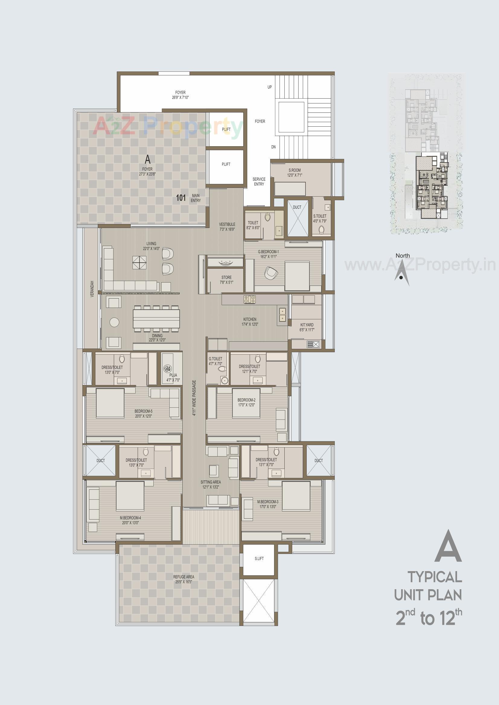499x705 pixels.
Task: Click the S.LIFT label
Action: pos(259,558)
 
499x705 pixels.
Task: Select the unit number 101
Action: pos(181,198)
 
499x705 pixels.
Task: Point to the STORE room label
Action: pos(226,280)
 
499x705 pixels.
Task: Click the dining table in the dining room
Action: pos(156,318)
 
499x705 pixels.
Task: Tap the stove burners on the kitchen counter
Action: pos(250,299)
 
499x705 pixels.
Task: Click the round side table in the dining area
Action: pos(115,322)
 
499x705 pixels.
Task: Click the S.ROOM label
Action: pos(294,172)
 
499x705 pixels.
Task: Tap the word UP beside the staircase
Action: pos(270,87)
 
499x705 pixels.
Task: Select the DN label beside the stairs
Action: pos(273,147)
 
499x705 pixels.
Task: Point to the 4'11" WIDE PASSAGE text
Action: pos(194,398)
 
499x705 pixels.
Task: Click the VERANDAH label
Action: pos(92,289)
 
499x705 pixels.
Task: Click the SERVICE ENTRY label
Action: pos(259,182)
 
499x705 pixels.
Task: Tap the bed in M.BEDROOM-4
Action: pos(130,496)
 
